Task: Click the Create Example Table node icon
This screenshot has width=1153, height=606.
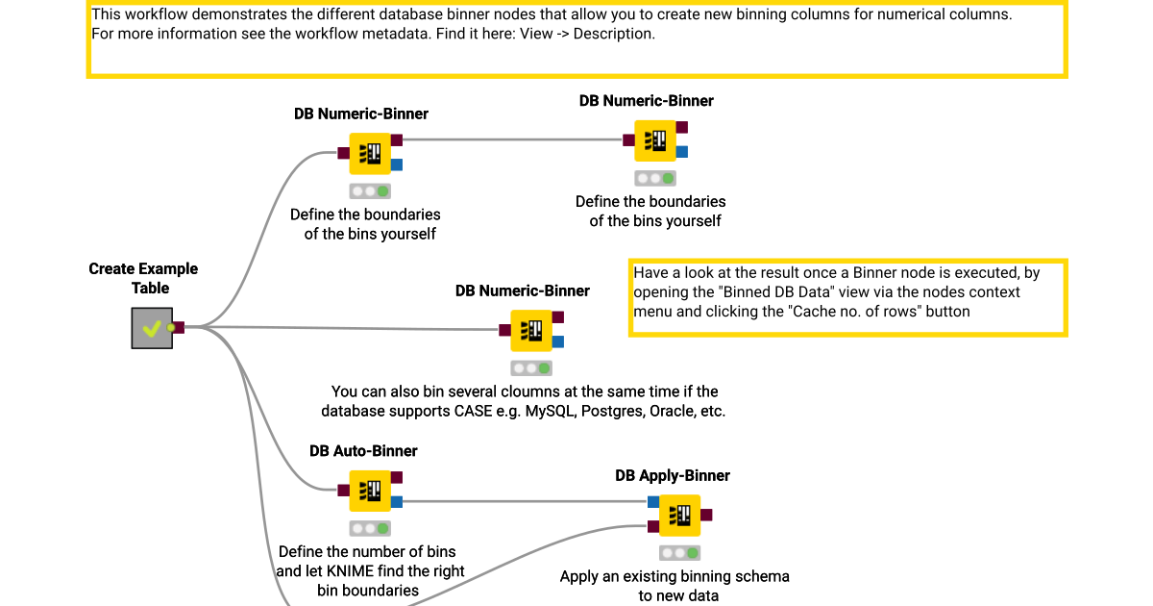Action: [152, 328]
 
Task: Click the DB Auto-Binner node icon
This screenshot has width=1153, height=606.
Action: [370, 491]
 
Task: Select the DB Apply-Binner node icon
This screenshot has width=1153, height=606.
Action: [680, 516]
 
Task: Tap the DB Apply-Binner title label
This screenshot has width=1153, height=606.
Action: [673, 476]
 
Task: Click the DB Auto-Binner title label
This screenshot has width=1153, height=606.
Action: [363, 451]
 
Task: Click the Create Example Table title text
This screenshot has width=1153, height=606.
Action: [143, 278]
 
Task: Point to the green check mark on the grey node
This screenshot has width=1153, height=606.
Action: [151, 329]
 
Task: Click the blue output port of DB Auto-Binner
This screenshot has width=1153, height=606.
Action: [397, 501]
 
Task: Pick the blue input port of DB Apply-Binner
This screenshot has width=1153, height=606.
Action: [653, 501]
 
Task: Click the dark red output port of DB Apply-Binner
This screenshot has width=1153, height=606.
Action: [707, 516]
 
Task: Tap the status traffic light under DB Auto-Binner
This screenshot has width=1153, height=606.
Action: [370, 528]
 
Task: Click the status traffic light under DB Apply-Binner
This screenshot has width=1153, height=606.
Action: [680, 553]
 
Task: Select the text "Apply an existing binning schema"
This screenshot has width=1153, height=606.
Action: [675, 577]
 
